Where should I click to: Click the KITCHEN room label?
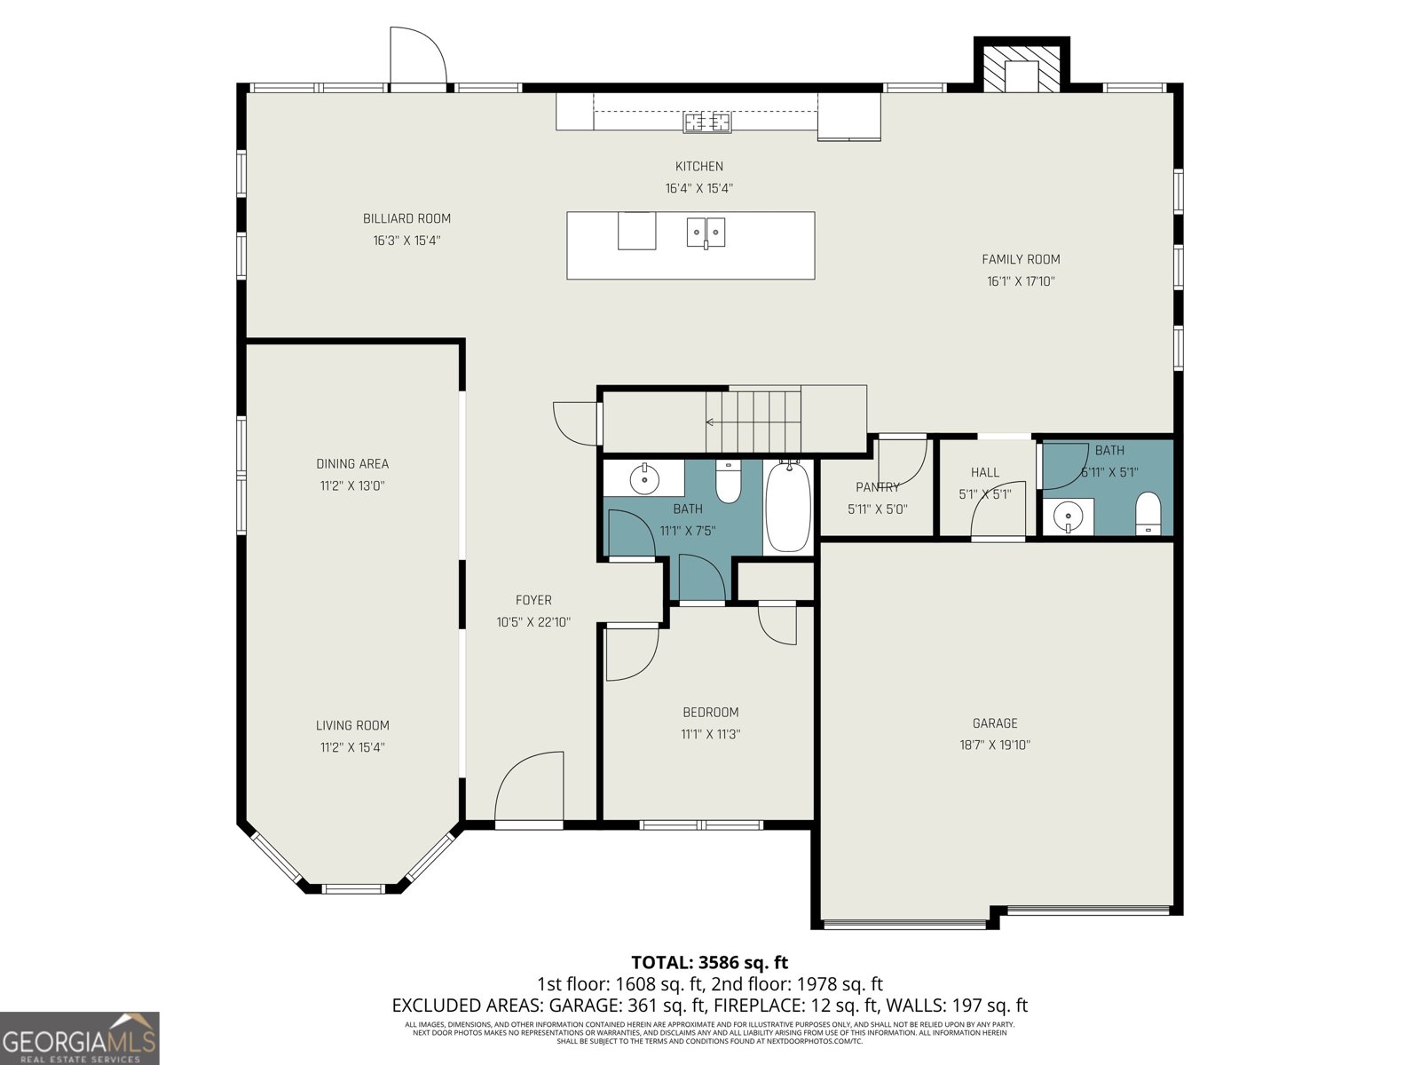pyautogui.click(x=699, y=166)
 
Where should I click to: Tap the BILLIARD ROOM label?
pyautogui.click(x=406, y=218)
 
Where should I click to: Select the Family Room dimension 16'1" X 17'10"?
pyautogui.click(x=1021, y=281)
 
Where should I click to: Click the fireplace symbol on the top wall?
pyautogui.click(x=1022, y=72)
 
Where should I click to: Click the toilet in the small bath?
pyautogui.click(x=1148, y=513)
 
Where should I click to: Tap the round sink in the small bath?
pyautogui.click(x=1068, y=516)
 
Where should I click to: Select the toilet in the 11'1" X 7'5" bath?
pyautogui.click(x=728, y=482)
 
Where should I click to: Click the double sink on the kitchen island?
pyautogui.click(x=706, y=233)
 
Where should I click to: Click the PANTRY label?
pyautogui.click(x=877, y=487)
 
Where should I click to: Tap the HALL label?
pyautogui.click(x=984, y=473)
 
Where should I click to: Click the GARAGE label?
pyautogui.click(x=994, y=723)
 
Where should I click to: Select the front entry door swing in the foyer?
pyautogui.click(x=529, y=788)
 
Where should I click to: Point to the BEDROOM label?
pyautogui.click(x=710, y=712)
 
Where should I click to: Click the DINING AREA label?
pyautogui.click(x=352, y=463)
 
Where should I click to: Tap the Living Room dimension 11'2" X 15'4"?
pyautogui.click(x=352, y=747)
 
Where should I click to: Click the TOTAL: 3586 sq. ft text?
pyautogui.click(x=709, y=962)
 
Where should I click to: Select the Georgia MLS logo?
pyautogui.click(x=80, y=1038)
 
